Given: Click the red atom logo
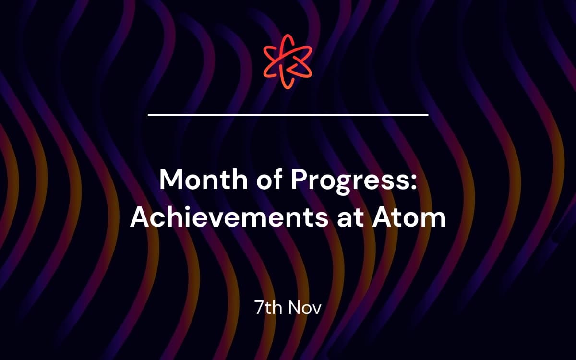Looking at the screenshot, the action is click(288, 61).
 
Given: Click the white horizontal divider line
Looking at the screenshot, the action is click(288, 115).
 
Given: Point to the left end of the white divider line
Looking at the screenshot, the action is click(148, 115).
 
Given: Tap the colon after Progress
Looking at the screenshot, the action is click(413, 182).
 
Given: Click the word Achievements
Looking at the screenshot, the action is click(229, 218).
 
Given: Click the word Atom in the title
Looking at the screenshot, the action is click(409, 218).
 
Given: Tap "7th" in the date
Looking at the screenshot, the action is click(268, 307).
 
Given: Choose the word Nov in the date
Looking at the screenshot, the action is click(305, 308).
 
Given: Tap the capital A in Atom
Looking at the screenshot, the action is click(383, 218).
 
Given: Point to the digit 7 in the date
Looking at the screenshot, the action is click(259, 308).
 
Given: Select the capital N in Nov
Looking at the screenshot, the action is click(294, 308).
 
